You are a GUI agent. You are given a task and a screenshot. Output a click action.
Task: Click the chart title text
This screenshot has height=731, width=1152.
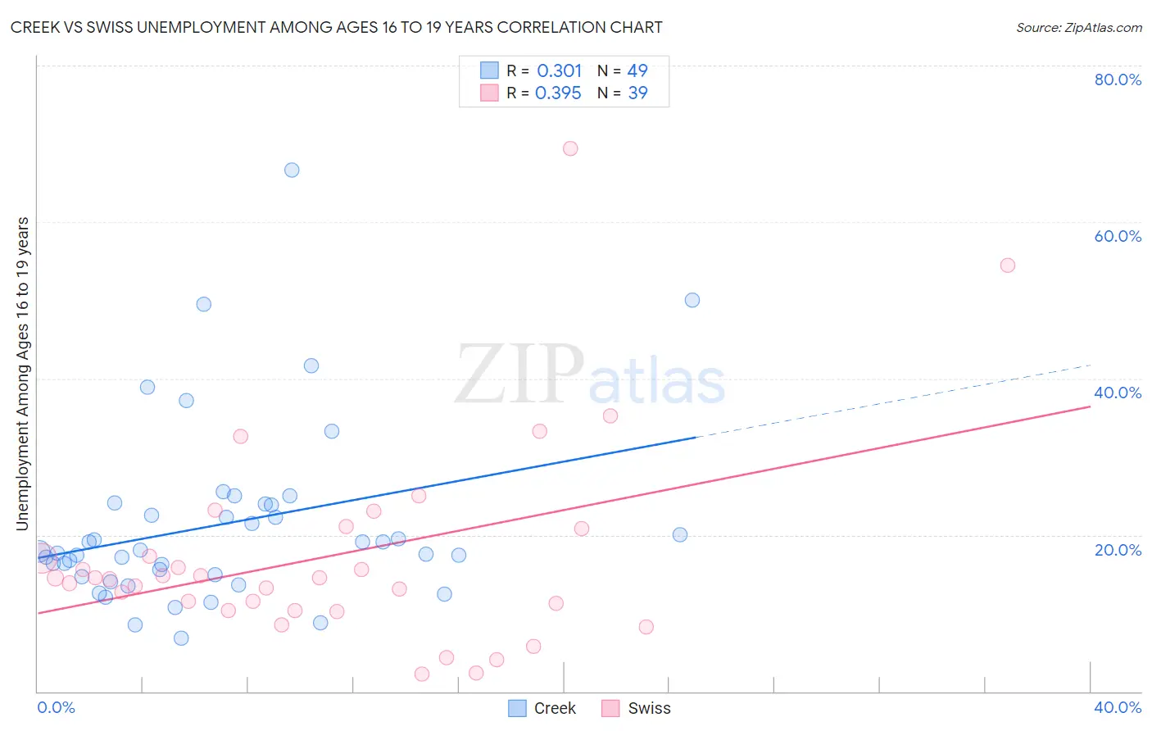(x=337, y=27)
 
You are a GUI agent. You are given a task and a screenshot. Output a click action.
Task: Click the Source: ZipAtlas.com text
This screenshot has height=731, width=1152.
(x=1078, y=27)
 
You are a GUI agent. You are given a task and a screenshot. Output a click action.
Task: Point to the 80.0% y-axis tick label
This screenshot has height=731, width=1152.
(x=1118, y=79)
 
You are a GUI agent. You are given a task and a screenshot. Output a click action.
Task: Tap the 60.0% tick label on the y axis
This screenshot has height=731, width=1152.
(x=1118, y=236)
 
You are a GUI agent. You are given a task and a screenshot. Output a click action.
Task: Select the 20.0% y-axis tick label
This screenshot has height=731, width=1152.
(x=1118, y=550)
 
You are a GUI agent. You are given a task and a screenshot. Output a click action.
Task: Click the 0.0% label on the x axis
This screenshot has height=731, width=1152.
(x=56, y=707)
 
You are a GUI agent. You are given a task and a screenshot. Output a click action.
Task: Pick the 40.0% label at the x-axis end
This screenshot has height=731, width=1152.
(x=1118, y=707)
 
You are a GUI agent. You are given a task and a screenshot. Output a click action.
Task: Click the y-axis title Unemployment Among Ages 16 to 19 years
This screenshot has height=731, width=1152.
(x=23, y=374)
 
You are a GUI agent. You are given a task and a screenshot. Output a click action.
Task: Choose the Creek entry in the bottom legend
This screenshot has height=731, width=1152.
(x=555, y=709)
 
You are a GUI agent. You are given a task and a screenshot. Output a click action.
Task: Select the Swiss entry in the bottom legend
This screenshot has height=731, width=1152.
(x=649, y=709)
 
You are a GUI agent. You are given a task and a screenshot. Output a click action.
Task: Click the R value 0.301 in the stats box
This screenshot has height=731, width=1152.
(x=559, y=71)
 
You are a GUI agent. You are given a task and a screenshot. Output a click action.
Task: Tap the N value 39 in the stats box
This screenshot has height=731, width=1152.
(x=637, y=93)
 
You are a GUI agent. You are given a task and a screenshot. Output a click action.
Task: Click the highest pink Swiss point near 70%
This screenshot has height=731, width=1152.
(x=570, y=148)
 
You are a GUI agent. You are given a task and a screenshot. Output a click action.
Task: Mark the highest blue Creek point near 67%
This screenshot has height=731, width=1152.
(x=292, y=170)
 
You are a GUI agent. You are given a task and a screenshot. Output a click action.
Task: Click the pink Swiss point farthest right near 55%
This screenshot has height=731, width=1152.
(x=1008, y=266)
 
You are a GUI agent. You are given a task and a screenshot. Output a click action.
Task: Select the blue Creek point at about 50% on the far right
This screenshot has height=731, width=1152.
(x=692, y=300)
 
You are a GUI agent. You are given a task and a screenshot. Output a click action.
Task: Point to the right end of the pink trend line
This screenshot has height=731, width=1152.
(x=1090, y=406)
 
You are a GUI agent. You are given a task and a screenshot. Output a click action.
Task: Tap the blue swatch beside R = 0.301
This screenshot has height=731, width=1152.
(x=489, y=70)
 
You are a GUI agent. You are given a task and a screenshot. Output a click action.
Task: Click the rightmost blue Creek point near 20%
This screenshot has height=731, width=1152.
(x=680, y=535)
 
